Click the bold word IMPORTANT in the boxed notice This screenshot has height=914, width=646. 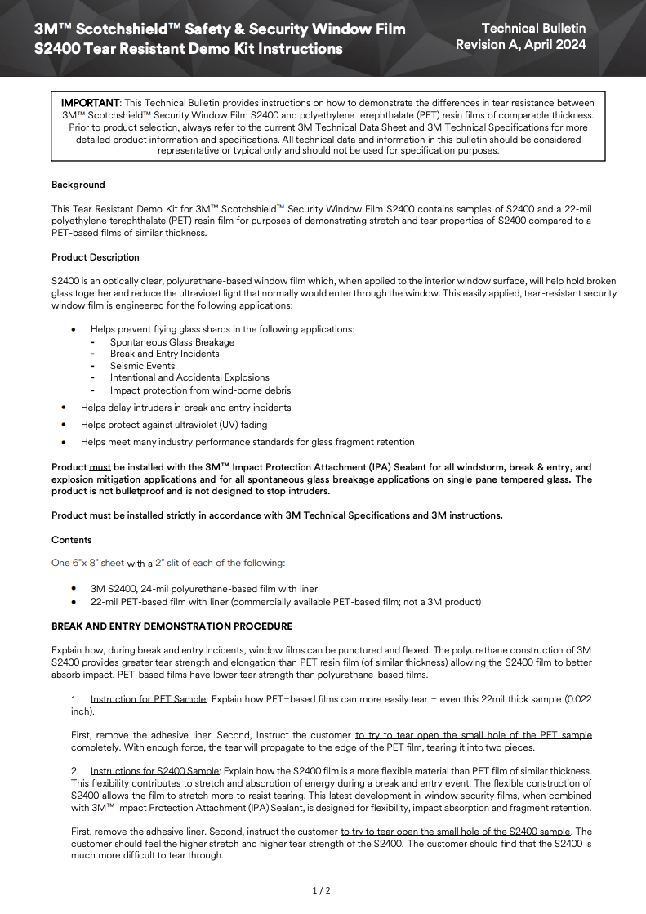[91, 103]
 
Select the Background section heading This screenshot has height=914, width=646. [78, 185]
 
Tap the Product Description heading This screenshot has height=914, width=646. [96, 257]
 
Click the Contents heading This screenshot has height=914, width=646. [72, 540]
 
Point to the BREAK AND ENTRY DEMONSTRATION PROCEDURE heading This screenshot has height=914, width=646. [172, 626]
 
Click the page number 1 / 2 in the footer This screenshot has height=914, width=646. [322, 889]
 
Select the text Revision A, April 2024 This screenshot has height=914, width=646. [520, 45]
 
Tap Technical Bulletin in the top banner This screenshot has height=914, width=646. [533, 28]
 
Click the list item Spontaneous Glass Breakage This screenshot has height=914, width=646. [172, 342]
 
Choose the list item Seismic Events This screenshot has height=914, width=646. [143, 366]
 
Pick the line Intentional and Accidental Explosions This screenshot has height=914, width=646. [189, 377]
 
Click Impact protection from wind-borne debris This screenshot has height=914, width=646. [200, 390]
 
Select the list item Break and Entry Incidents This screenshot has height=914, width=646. [165, 354]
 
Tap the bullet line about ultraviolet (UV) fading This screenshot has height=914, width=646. [174, 425]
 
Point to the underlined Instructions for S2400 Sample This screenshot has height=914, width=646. [154, 771]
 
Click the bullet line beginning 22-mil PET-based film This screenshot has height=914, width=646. [286, 602]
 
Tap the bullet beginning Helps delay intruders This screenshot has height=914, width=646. [185, 408]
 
